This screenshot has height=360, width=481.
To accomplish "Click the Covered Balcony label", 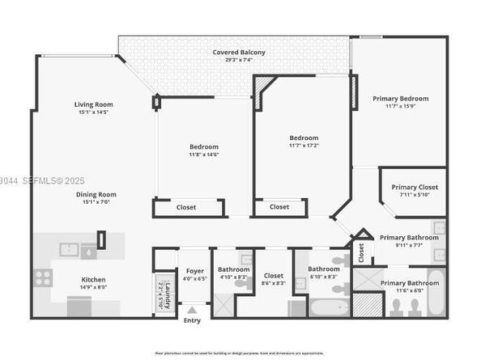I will (238, 53).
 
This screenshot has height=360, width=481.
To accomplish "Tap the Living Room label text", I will (93, 104).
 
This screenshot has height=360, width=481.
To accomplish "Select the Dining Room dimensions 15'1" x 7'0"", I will (96, 201).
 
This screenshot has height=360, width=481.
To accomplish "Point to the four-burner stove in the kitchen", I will (43, 277).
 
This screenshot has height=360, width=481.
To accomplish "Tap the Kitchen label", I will (93, 280).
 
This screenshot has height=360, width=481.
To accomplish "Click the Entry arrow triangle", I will (192, 310).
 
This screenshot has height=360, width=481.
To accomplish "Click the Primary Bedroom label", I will (400, 99).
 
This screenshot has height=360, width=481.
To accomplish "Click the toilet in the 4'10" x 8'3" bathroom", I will (240, 283).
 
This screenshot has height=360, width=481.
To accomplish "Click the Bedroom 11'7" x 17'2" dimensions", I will (304, 146).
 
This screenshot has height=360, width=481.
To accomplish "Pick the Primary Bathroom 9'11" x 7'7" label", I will (409, 238).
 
